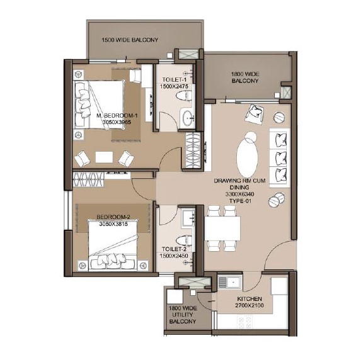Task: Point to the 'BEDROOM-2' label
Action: (x=112, y=220)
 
